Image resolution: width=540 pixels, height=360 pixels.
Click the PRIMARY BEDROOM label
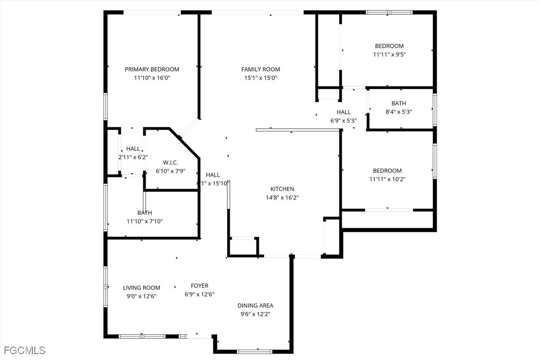(x=152, y=69)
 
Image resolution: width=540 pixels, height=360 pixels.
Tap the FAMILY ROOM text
(x=261, y=69)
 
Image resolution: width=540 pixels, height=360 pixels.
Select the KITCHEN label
(x=282, y=189)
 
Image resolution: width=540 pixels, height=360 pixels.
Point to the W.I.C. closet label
(x=171, y=163)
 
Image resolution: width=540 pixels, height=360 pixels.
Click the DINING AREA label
(x=256, y=305)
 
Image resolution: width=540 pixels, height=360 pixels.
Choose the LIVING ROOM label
(x=142, y=288)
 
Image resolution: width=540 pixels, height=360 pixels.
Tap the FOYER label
(x=200, y=285)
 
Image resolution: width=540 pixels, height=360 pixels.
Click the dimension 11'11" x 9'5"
(x=389, y=54)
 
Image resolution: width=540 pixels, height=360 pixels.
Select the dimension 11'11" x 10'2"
(x=387, y=179)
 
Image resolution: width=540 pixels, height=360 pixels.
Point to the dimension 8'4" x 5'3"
(x=399, y=111)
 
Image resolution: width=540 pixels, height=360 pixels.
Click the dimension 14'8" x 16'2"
(x=282, y=197)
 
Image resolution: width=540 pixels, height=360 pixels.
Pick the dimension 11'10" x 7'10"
(x=145, y=221)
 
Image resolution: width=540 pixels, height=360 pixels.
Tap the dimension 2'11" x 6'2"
(x=133, y=157)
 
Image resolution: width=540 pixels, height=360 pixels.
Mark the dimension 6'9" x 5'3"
(x=344, y=120)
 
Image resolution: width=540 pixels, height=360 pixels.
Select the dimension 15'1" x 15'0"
(x=261, y=78)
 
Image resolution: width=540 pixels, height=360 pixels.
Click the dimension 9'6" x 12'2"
(x=255, y=314)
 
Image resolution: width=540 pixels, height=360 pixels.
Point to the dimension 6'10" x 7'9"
(x=171, y=171)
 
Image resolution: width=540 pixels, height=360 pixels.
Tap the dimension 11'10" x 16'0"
(x=152, y=78)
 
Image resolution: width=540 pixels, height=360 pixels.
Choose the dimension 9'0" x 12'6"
(x=142, y=296)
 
